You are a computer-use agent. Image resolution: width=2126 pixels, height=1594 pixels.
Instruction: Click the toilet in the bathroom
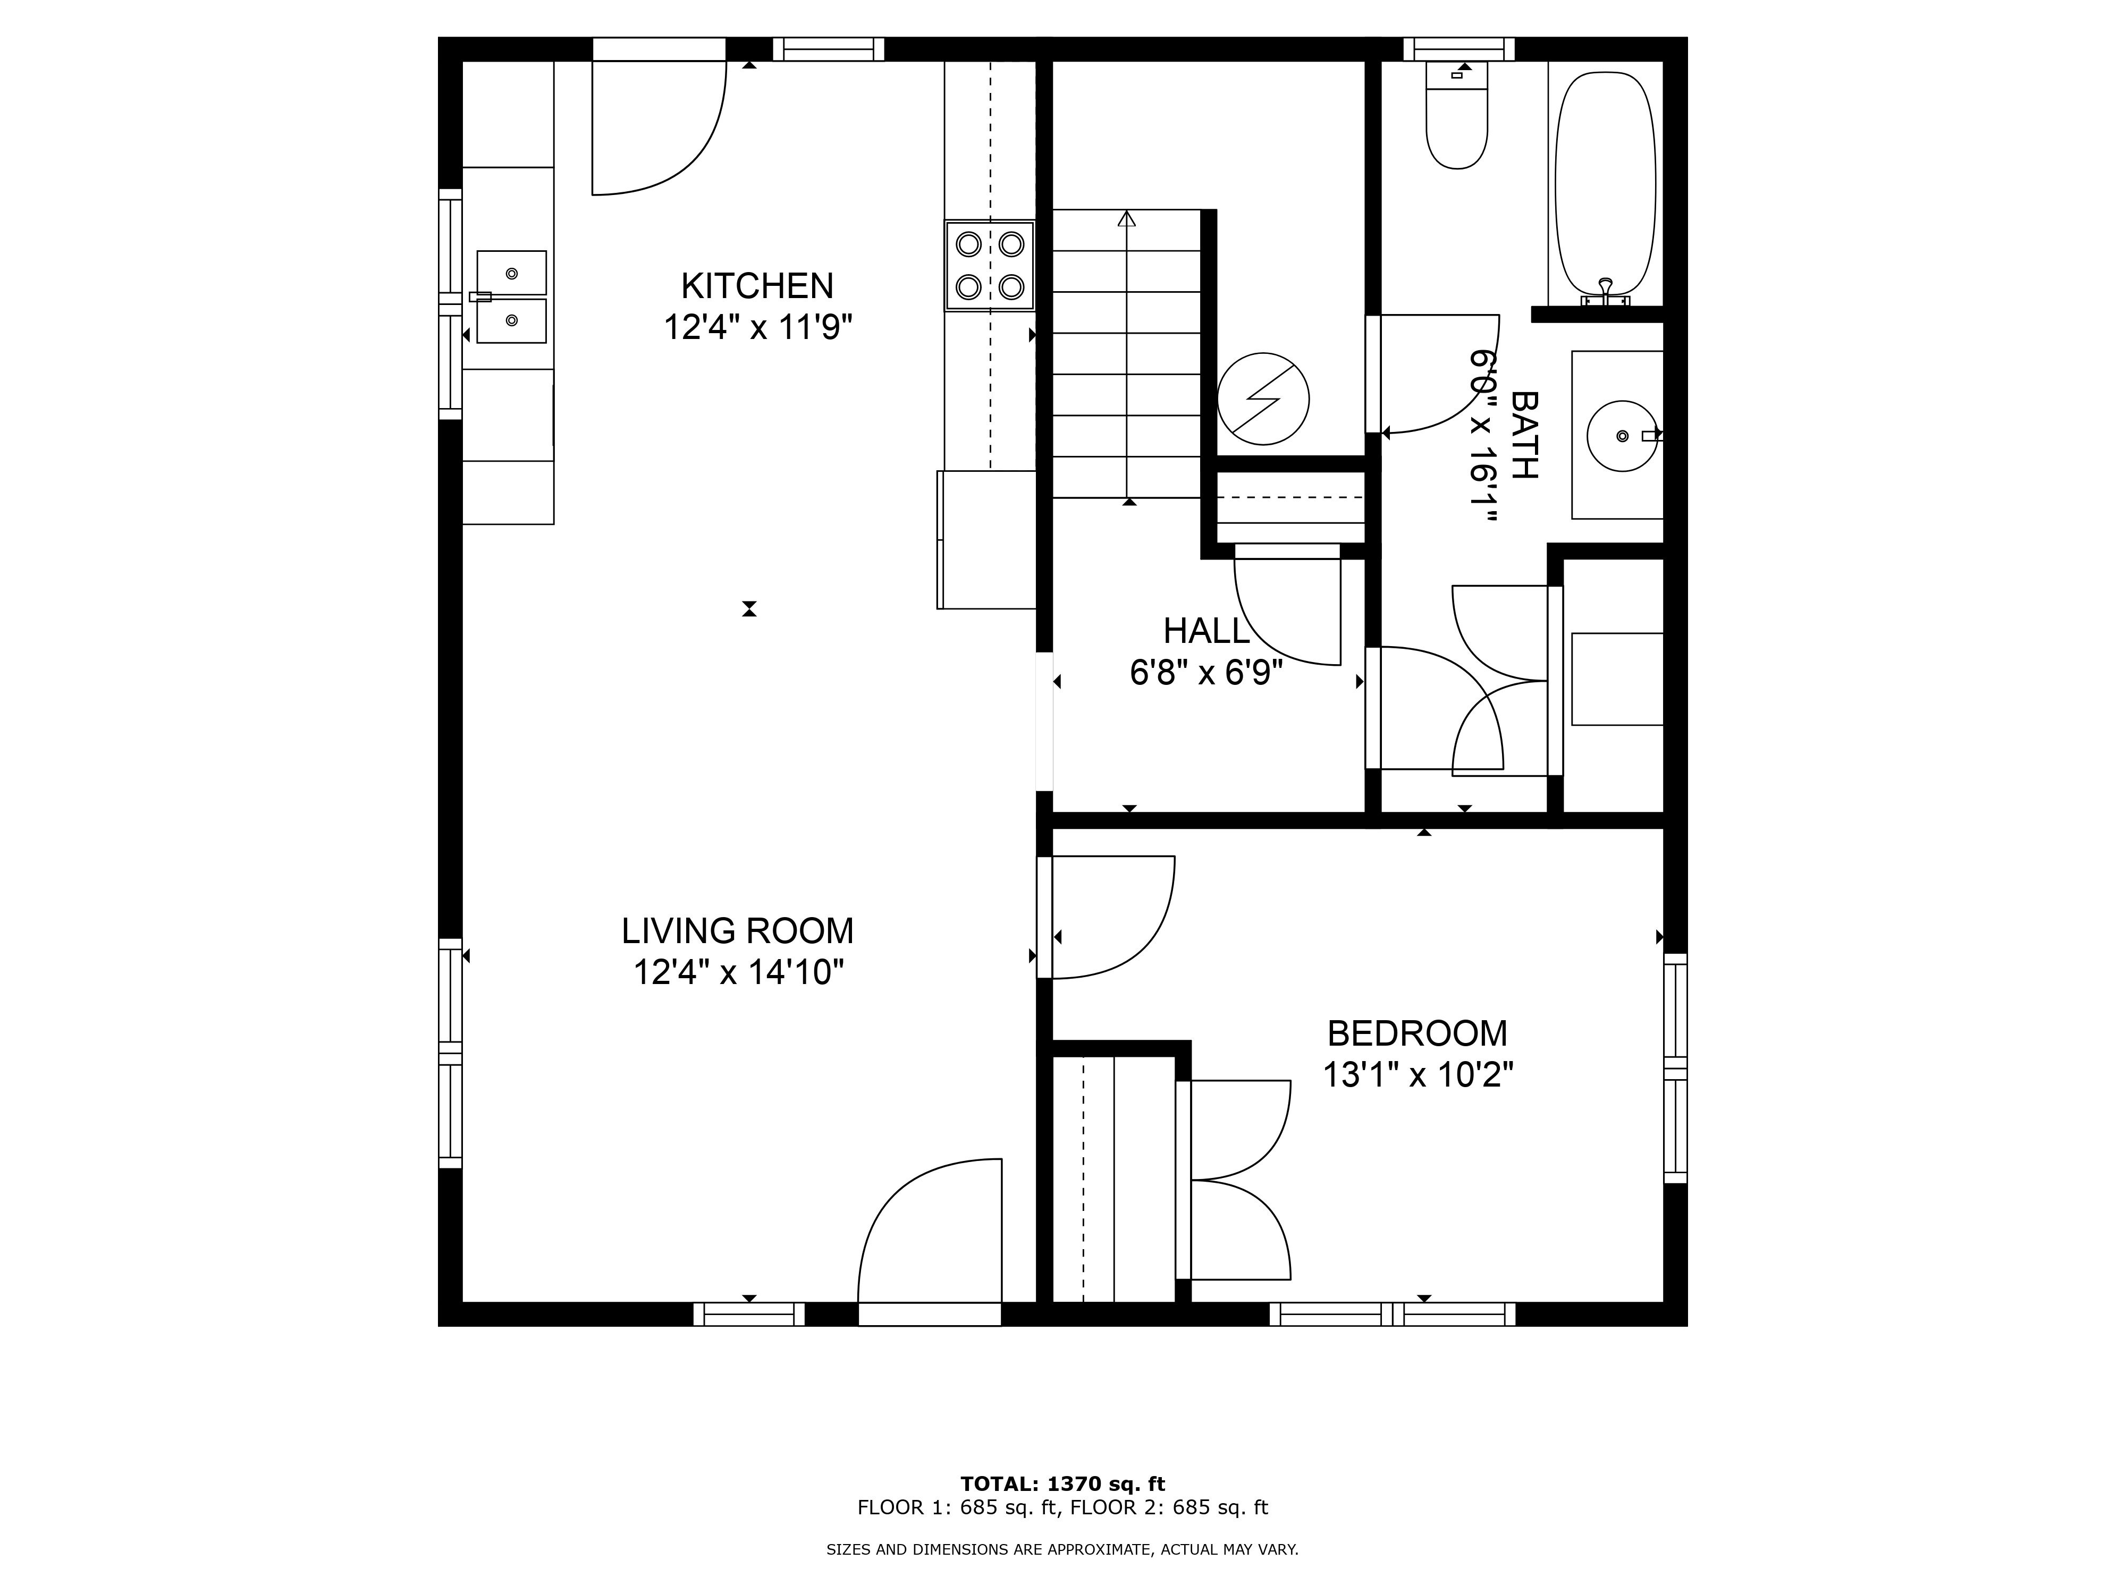[x=1457, y=115]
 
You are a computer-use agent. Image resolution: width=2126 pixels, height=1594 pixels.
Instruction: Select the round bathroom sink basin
[x=1622, y=436]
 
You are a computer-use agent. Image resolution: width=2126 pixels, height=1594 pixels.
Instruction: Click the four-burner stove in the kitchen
[x=989, y=265]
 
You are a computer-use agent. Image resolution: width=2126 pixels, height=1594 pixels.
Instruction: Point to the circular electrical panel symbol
[x=1263, y=398]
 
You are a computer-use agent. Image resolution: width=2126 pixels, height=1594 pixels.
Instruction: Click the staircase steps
[x=1126, y=353]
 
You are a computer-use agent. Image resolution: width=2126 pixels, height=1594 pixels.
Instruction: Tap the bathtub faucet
[x=1605, y=290]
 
